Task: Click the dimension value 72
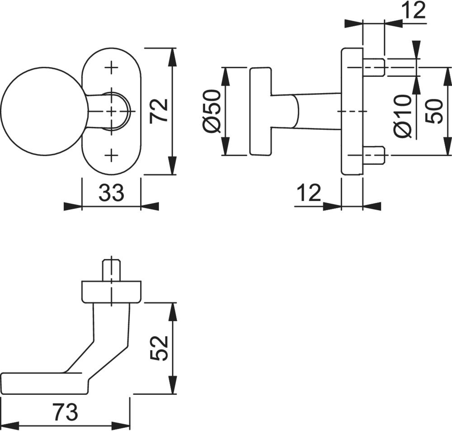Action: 160,110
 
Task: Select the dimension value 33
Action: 111,194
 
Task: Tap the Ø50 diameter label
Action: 212,111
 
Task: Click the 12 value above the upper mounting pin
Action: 414,11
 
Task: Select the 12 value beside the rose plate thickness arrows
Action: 309,193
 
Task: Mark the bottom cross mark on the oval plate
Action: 111,156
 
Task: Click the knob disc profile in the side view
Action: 260,111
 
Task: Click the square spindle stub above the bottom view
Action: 111,269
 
